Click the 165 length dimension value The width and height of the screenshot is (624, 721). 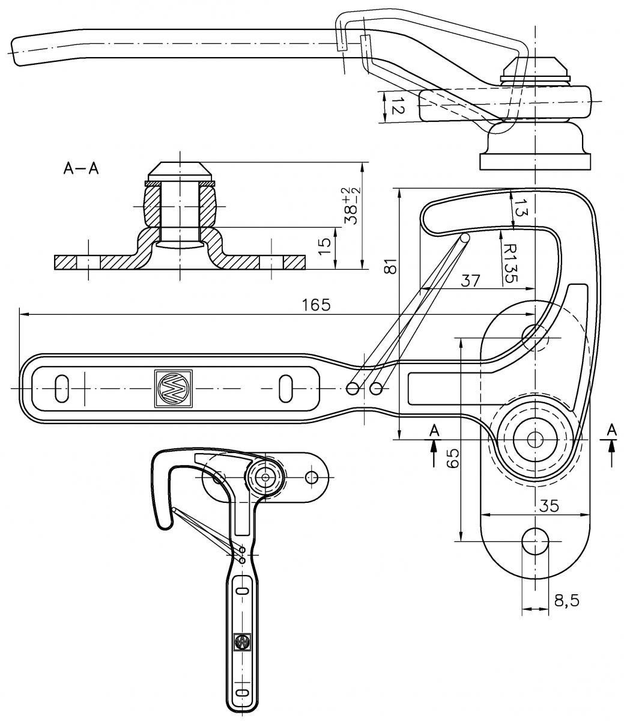coord(316,305)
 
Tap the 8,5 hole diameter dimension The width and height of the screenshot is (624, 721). coord(566,601)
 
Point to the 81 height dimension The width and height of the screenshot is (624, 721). coord(390,266)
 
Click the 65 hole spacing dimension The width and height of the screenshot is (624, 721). coord(453,458)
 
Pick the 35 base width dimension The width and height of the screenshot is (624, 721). coord(549,505)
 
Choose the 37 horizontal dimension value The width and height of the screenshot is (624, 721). coord(470,281)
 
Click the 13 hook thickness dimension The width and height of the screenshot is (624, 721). coord(519,208)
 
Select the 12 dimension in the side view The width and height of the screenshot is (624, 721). coord(398,106)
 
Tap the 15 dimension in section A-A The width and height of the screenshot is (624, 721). coord(324,247)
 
